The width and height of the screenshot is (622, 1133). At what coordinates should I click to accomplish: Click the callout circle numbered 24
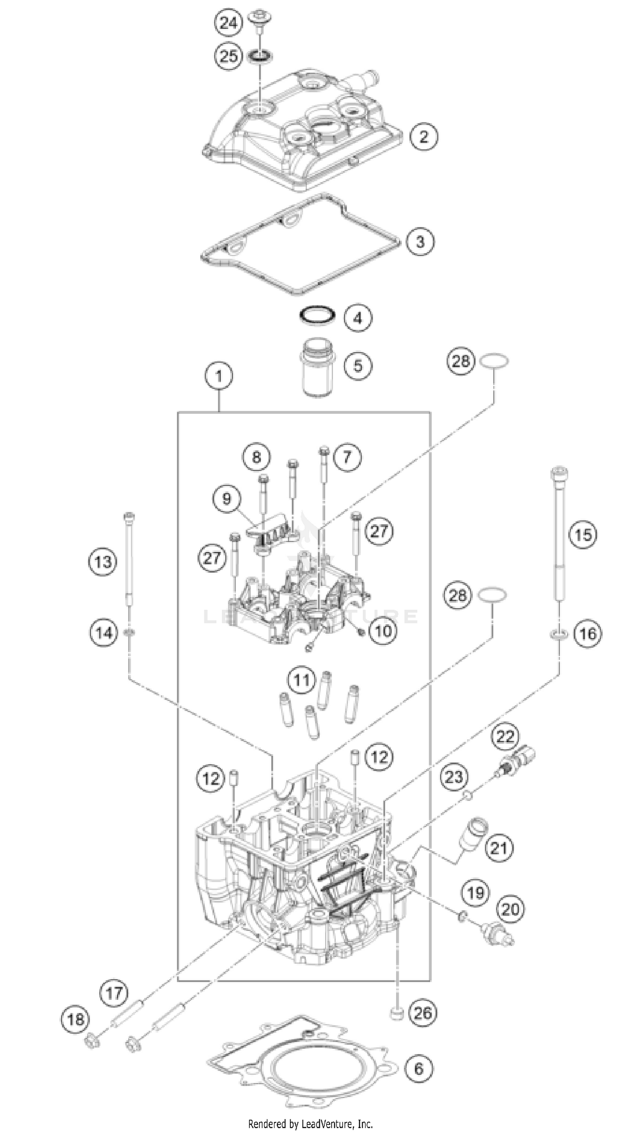click(x=228, y=22)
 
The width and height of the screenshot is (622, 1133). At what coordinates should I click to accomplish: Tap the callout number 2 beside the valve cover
click(x=424, y=137)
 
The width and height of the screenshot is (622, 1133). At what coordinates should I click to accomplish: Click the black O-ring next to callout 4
click(x=316, y=315)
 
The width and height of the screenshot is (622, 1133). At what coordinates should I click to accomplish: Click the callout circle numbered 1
click(x=219, y=376)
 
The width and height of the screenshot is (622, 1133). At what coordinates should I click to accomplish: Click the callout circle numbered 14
click(x=104, y=633)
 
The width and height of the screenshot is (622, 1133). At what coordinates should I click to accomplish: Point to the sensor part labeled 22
click(x=519, y=759)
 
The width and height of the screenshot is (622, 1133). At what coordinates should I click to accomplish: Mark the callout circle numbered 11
click(x=302, y=680)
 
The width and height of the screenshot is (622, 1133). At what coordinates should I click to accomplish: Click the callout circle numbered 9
click(x=226, y=498)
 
